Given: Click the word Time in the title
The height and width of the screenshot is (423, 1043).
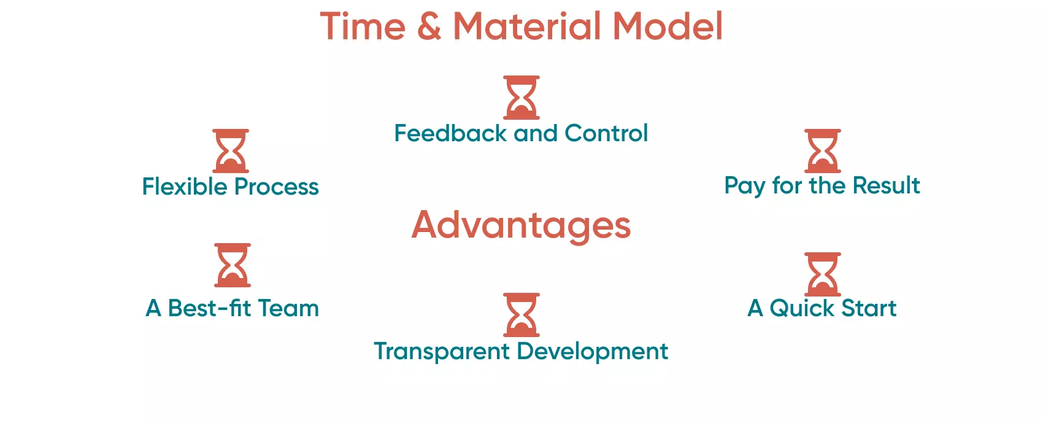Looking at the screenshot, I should [x=363, y=27].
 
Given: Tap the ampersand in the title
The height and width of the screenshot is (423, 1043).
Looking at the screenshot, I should [x=429, y=28].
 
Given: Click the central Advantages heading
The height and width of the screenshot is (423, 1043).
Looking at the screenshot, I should [x=521, y=226].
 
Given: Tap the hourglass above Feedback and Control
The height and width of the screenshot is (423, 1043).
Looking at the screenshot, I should [x=521, y=98].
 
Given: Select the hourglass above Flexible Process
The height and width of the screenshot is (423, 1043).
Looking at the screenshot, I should [x=231, y=151].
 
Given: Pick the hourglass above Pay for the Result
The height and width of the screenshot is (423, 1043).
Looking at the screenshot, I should [x=823, y=151].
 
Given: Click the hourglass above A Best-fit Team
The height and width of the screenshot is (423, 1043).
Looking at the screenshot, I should [x=233, y=265].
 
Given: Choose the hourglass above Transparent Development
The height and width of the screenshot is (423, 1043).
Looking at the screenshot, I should [x=521, y=315].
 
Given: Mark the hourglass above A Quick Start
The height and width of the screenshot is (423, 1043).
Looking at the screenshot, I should [x=823, y=274].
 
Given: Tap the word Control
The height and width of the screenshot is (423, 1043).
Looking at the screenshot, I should [x=606, y=133].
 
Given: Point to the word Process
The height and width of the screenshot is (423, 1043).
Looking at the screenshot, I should [x=277, y=187].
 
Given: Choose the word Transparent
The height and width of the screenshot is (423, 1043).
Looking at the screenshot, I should [x=442, y=352].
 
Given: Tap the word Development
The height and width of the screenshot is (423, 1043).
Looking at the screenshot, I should [x=593, y=352].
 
